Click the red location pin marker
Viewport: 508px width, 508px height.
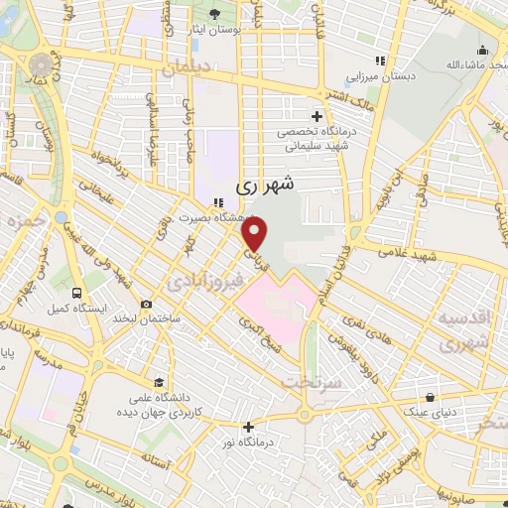(256, 234)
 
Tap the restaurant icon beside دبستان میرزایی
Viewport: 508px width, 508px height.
(379, 61)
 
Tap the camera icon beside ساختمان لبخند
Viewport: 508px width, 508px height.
(147, 305)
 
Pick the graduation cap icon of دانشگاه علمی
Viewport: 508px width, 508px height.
(159, 383)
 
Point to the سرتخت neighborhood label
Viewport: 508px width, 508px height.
(311, 381)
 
